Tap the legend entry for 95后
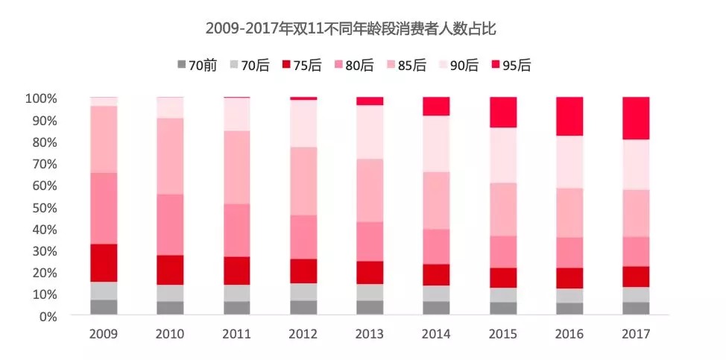(x=509, y=65)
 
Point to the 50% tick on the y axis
(x=42, y=207)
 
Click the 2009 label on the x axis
(x=104, y=335)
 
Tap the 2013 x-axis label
(x=370, y=335)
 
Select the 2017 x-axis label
(x=636, y=335)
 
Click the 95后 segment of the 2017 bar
(x=636, y=118)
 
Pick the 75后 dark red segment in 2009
(x=104, y=262)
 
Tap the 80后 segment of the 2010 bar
(x=170, y=224)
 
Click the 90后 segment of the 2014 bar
(x=437, y=144)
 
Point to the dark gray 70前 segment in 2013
(x=370, y=307)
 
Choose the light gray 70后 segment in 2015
(x=503, y=294)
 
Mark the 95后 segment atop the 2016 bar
(x=569, y=116)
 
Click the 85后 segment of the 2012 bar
(x=303, y=181)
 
